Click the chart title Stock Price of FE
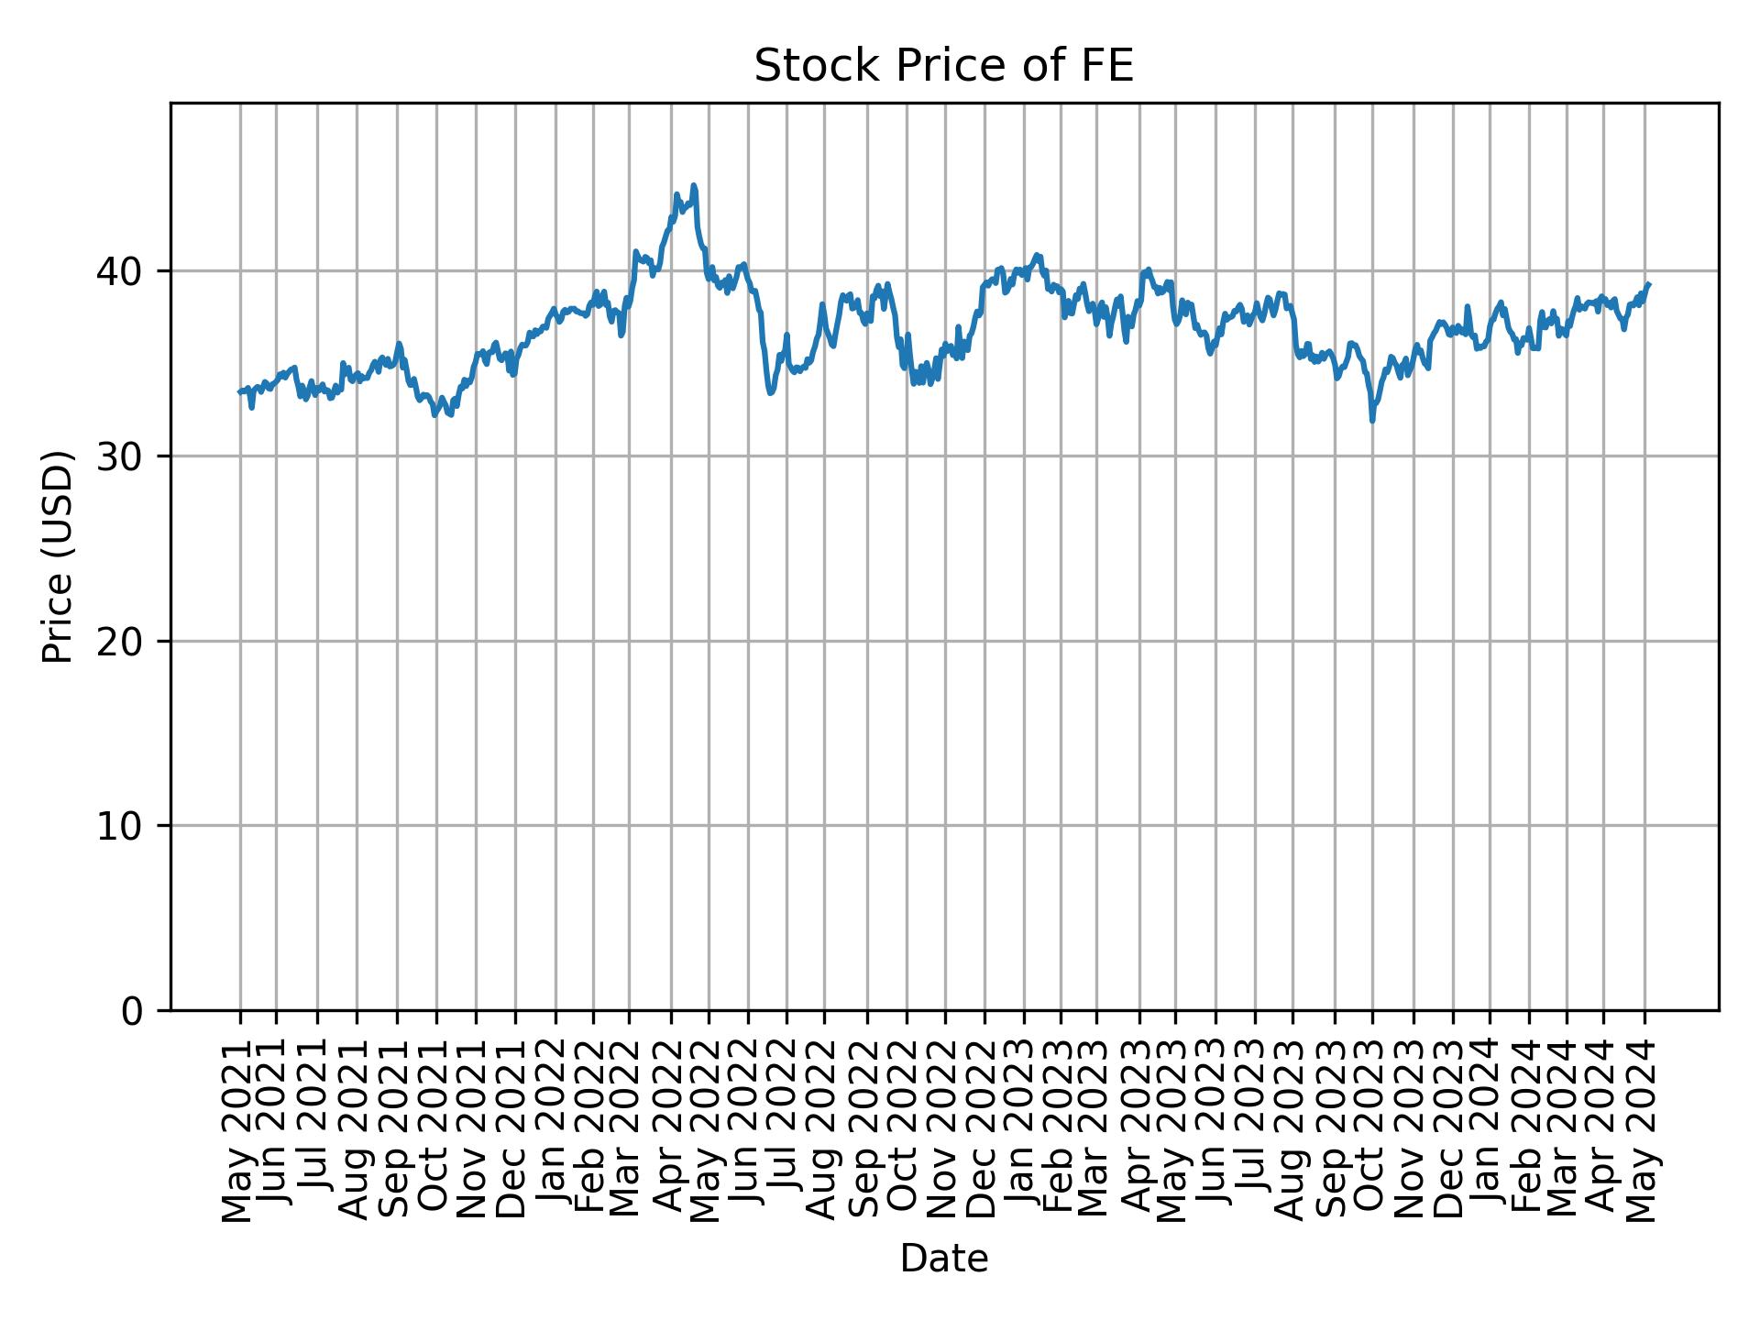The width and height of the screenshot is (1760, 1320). (x=943, y=66)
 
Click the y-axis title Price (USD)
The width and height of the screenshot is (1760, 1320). (x=58, y=556)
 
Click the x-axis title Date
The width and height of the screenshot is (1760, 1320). (x=943, y=1259)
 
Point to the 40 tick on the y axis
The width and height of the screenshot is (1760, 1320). (x=118, y=271)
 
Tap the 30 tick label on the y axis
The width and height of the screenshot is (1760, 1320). (x=118, y=456)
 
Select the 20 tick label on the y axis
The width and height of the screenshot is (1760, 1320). (x=118, y=642)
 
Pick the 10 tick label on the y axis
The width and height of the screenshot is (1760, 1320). (x=118, y=826)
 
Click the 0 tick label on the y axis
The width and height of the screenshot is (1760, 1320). (x=132, y=1011)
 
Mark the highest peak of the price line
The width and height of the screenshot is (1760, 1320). (x=694, y=185)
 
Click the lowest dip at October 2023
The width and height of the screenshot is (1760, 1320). (x=1372, y=421)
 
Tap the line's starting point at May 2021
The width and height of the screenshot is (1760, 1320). (x=240, y=391)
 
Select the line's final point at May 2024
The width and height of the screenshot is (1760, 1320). (x=1649, y=284)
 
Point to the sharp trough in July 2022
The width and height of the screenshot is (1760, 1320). (x=771, y=393)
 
